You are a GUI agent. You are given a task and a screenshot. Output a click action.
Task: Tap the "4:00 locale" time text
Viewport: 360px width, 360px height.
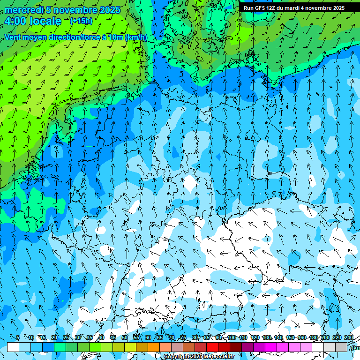(x=33, y=21)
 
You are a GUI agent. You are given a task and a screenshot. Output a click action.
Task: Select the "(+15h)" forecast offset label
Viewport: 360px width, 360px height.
(x=81, y=21)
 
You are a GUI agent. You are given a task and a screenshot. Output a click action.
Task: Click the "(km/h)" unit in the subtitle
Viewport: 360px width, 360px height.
(x=136, y=37)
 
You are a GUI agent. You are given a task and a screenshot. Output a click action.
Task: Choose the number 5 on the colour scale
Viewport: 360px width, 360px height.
(x=18, y=338)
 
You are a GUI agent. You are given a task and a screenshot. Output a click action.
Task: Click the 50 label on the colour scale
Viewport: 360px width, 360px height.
(x=124, y=338)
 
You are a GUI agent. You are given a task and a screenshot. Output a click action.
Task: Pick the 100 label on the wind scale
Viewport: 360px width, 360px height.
(x=232, y=338)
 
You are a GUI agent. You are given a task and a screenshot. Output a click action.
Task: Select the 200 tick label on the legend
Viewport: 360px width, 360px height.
(x=325, y=338)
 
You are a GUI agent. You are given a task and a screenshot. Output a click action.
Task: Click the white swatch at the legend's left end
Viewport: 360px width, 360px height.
(x=13, y=347)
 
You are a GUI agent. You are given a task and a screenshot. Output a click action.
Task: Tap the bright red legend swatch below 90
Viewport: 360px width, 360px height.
(x=212, y=347)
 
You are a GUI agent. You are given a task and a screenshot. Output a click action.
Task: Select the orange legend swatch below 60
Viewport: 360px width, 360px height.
(x=154, y=347)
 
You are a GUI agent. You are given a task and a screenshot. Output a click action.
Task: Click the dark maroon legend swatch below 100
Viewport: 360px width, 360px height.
(x=236, y=347)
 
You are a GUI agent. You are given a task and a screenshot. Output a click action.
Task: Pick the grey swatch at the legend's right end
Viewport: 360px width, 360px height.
(x=341, y=347)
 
